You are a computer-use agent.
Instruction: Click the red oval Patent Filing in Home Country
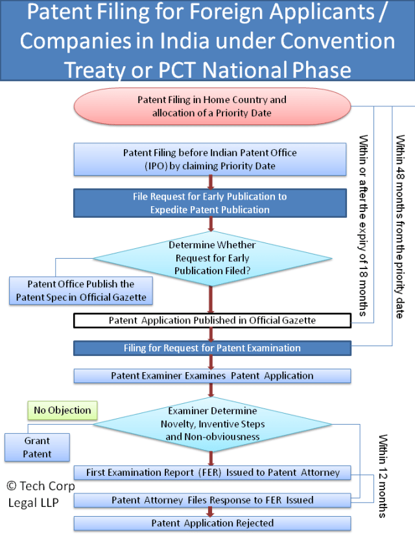pyautogui.click(x=211, y=106)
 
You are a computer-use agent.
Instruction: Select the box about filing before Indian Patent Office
pyautogui.click(x=210, y=159)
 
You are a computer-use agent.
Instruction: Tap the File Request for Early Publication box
pyautogui.click(x=210, y=202)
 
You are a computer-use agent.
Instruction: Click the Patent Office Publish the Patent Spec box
pyautogui.click(x=80, y=291)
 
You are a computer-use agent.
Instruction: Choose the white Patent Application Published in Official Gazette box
pyautogui.click(x=212, y=320)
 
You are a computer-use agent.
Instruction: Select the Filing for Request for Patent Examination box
pyautogui.click(x=212, y=348)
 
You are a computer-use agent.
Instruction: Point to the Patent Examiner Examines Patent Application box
pyautogui.click(x=212, y=375)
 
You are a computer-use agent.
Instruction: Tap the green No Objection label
pyautogui.click(x=62, y=410)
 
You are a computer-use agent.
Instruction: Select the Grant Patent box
pyautogui.click(x=37, y=447)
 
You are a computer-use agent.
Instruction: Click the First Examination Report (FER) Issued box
pyautogui.click(x=212, y=473)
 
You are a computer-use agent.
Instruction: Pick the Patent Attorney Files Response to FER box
pyautogui.click(x=212, y=500)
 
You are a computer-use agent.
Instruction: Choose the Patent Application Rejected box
pyautogui.click(x=212, y=523)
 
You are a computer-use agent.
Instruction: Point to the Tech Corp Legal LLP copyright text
pyautogui.click(x=41, y=494)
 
